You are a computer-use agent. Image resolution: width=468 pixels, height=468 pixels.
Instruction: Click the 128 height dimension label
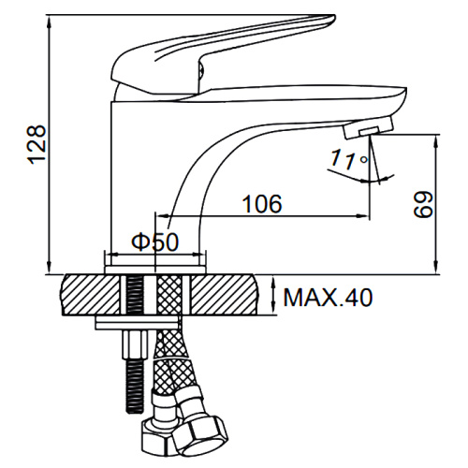(x=37, y=144)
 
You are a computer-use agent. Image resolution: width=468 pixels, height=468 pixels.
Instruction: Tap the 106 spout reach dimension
(x=262, y=204)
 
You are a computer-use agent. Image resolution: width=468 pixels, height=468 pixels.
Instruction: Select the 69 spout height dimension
(x=423, y=205)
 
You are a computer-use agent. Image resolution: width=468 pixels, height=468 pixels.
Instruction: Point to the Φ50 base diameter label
(x=155, y=241)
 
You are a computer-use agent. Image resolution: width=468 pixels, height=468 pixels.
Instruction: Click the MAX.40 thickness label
(x=328, y=298)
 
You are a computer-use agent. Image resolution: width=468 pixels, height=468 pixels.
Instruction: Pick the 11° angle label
(x=349, y=159)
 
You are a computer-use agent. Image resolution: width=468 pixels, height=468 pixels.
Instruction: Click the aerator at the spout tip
(x=368, y=127)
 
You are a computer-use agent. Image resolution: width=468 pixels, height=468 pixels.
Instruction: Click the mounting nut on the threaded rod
(x=135, y=344)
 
